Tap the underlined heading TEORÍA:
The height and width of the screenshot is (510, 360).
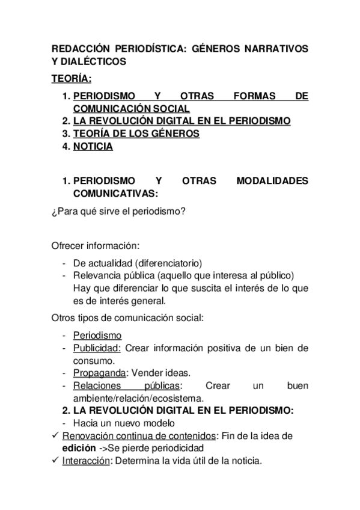(x=72, y=78)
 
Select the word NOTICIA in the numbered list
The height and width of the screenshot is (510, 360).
(x=93, y=146)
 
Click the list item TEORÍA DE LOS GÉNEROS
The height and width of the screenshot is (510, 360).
(x=136, y=134)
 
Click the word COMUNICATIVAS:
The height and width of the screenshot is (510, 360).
(x=116, y=194)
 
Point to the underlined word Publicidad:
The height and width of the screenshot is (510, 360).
(x=97, y=348)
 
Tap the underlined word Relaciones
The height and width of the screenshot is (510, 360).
(x=97, y=386)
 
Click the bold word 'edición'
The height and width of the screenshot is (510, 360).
(x=75, y=449)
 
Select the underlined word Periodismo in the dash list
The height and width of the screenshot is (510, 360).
(x=97, y=336)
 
